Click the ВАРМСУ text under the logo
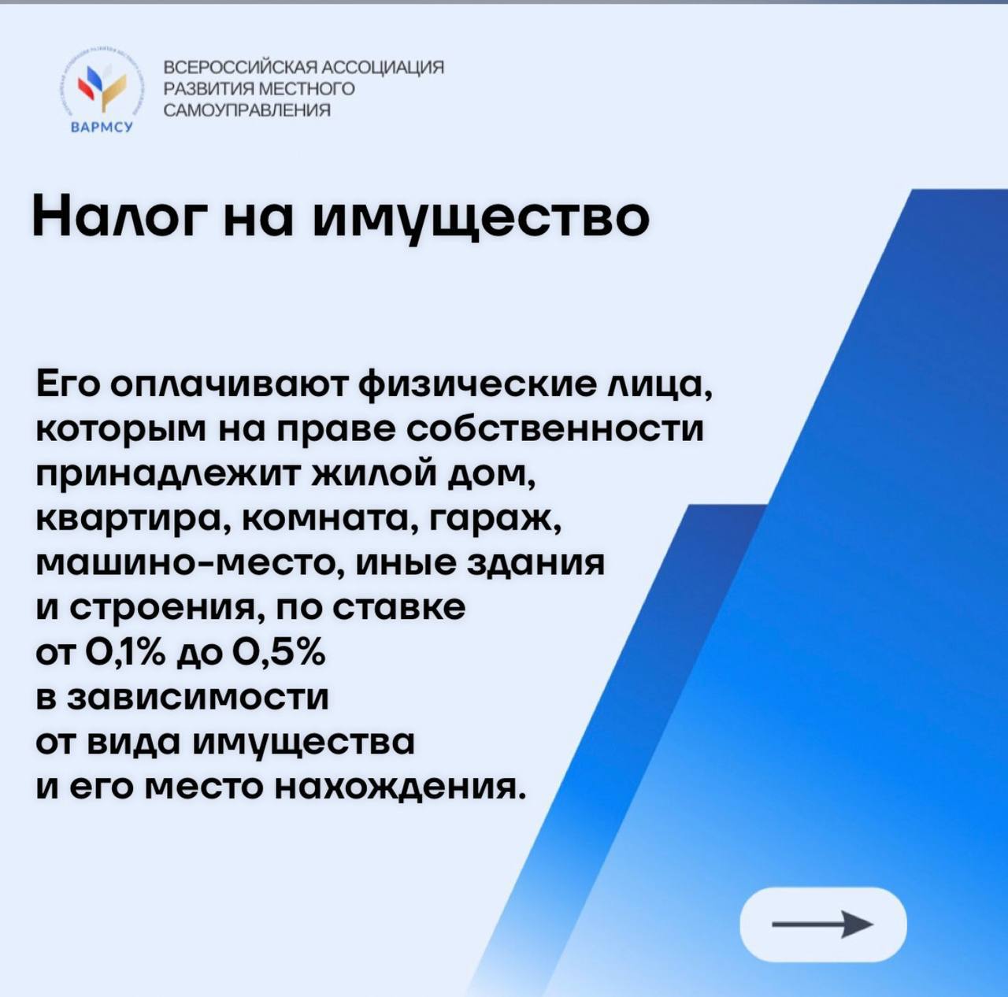tap(102, 127)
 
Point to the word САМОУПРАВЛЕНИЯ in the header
tap(247, 110)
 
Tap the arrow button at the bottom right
tap(823, 925)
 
